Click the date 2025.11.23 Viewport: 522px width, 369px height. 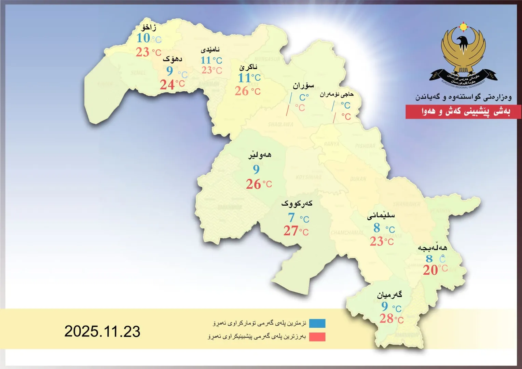(x=102, y=331)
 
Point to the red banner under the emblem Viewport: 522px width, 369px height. (x=463, y=112)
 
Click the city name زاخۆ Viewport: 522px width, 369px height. (x=149, y=27)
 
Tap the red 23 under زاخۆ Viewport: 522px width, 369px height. (x=142, y=52)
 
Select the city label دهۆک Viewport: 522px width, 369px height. (x=172, y=59)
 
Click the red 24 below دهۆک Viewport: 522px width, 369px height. (x=167, y=84)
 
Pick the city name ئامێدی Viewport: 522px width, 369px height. (x=210, y=50)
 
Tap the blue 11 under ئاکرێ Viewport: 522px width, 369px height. (x=244, y=78)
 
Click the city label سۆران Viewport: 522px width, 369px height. (x=303, y=85)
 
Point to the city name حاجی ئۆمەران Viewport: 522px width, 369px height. (x=336, y=94)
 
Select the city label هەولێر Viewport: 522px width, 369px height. (x=260, y=155)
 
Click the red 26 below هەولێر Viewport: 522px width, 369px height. (x=253, y=184)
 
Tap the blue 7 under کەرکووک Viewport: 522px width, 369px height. (x=291, y=218)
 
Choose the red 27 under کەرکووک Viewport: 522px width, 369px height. (x=291, y=231)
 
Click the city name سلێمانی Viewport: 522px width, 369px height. (x=381, y=216)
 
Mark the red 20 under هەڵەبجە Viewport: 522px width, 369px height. (x=430, y=270)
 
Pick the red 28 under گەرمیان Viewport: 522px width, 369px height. (x=386, y=318)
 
